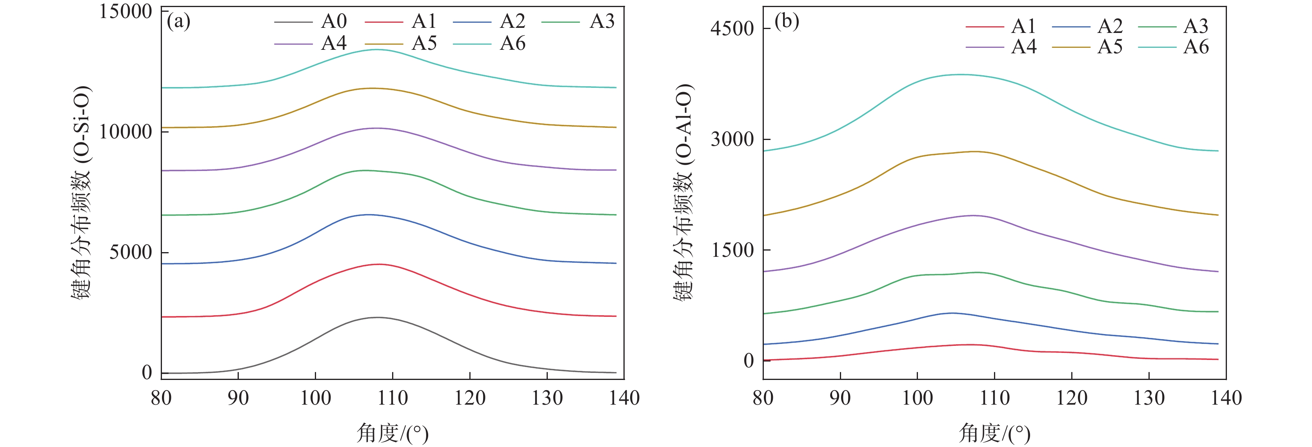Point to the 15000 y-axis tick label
click(125, 11)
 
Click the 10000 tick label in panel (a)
click(125, 132)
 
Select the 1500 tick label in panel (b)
click(732, 250)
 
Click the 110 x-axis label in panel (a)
click(393, 398)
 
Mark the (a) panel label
click(179, 22)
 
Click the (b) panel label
click(787, 22)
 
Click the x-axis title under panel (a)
click(393, 433)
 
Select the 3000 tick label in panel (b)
click(732, 139)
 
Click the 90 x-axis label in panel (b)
click(840, 398)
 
